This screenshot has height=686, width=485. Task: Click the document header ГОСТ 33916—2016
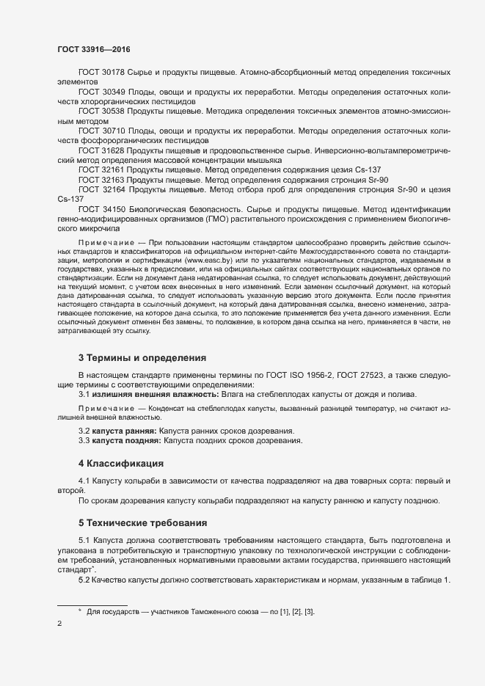[x=94, y=50]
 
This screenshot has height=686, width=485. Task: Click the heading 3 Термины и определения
[x=142, y=358]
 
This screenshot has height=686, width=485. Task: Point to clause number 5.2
[x=84, y=580]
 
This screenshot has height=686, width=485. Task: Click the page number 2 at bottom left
[x=60, y=624]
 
